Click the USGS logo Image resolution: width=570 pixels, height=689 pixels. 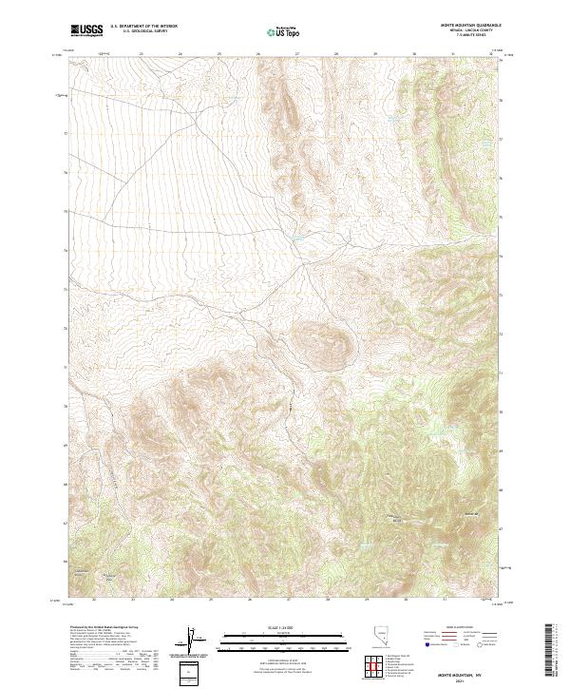click(85, 30)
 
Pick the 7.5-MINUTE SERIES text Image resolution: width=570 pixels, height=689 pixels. click(484, 35)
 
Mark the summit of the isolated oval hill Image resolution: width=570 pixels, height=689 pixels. click(321, 336)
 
